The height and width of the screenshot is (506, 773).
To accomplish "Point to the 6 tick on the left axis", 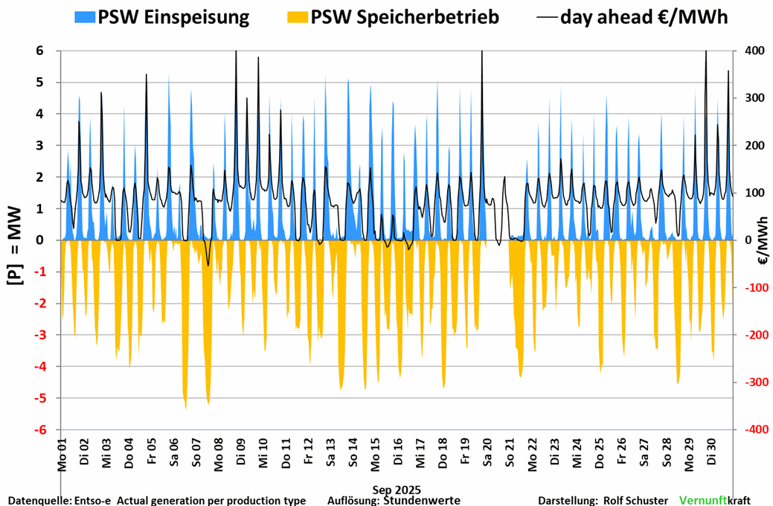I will tap(39, 51).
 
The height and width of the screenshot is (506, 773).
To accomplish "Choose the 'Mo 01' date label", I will tap(62, 453).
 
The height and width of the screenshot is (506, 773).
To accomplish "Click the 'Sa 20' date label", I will tap(487, 453).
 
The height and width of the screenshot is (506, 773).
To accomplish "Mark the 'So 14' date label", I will tap(353, 453).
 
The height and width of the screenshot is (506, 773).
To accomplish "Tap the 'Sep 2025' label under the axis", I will tap(397, 490).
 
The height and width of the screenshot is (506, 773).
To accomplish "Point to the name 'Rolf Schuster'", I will tap(635, 500).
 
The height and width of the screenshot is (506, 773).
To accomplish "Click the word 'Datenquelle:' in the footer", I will tap(38, 500).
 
